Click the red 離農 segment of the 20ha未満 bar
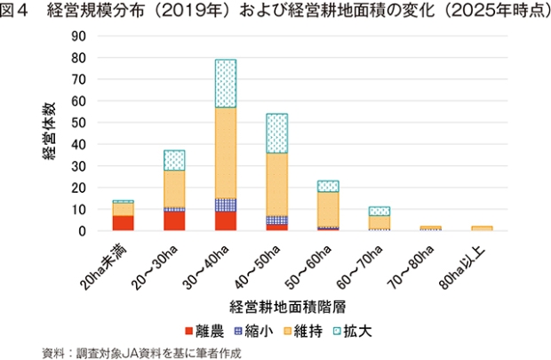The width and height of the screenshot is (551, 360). click(123, 223)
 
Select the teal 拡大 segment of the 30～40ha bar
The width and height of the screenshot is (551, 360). click(226, 84)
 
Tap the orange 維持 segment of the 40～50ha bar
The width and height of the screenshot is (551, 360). click(277, 185)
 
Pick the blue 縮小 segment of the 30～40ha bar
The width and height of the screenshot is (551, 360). click(226, 205)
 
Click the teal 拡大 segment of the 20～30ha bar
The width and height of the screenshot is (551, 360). click(174, 160)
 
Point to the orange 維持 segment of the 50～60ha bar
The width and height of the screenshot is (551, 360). click(328, 209)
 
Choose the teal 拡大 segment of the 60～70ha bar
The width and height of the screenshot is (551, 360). click(379, 211)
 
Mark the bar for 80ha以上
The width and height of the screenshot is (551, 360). click(482, 228)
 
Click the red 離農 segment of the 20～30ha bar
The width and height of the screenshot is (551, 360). click(174, 221)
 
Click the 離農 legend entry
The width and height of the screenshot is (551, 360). click(204, 332)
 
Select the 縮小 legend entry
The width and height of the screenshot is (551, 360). click(253, 332)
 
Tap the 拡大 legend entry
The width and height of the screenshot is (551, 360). click(353, 332)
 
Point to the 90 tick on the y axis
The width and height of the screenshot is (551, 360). click(78, 36)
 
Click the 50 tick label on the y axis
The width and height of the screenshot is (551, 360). click(78, 123)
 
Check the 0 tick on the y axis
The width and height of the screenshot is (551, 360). click(83, 231)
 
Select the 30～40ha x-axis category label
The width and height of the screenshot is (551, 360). click(206, 268)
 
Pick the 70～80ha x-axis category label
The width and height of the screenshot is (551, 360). click(411, 268)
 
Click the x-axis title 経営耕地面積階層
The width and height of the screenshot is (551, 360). click(288, 307)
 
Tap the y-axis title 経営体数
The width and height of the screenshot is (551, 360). click(49, 132)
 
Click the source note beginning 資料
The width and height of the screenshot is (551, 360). click(141, 353)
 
